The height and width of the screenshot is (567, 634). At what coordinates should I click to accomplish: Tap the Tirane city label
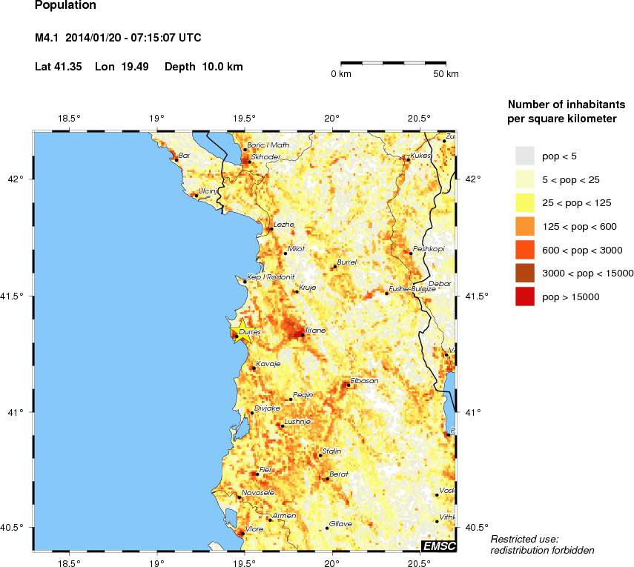pos(315,331)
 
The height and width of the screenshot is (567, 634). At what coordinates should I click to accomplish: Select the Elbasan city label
pos(364,381)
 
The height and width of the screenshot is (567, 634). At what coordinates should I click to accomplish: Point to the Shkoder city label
pos(265,157)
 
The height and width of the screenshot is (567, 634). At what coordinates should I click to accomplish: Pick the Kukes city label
pos(420,156)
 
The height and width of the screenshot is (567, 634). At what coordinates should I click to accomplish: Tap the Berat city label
pos(338,474)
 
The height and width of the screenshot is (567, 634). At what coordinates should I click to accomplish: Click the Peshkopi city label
pos(429,249)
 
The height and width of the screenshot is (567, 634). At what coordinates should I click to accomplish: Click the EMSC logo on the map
pos(438,546)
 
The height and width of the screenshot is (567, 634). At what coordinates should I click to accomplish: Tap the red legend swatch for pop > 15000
pos(525,297)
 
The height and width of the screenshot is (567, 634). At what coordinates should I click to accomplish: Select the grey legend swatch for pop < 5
pos(525,155)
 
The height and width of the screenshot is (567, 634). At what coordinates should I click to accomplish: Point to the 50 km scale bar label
pos(446,74)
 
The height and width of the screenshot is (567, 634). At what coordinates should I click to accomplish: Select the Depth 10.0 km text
pos(203,67)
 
